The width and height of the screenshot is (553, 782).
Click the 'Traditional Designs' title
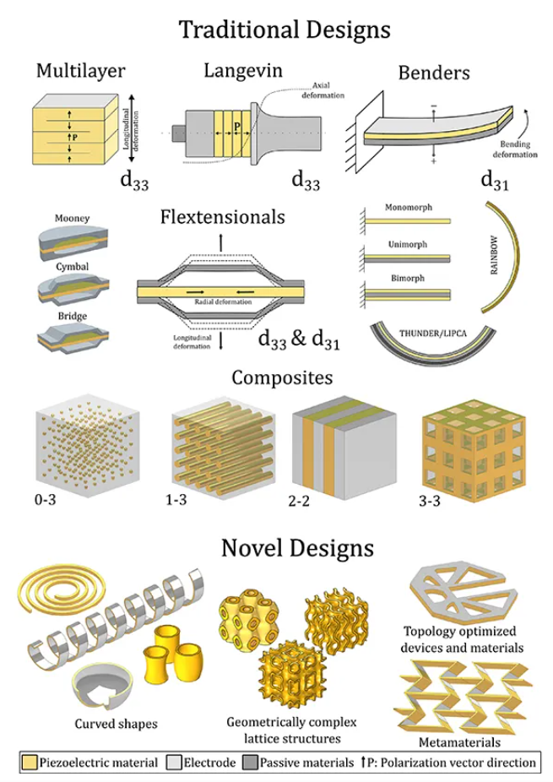(x=284, y=30)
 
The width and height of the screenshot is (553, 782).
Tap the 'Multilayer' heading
(x=80, y=71)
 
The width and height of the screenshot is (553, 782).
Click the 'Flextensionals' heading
(x=222, y=217)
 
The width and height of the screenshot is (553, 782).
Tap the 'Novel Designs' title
(x=297, y=548)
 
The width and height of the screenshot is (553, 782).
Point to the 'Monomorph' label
(x=407, y=207)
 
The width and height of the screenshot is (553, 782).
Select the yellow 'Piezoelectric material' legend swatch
(x=30, y=762)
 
